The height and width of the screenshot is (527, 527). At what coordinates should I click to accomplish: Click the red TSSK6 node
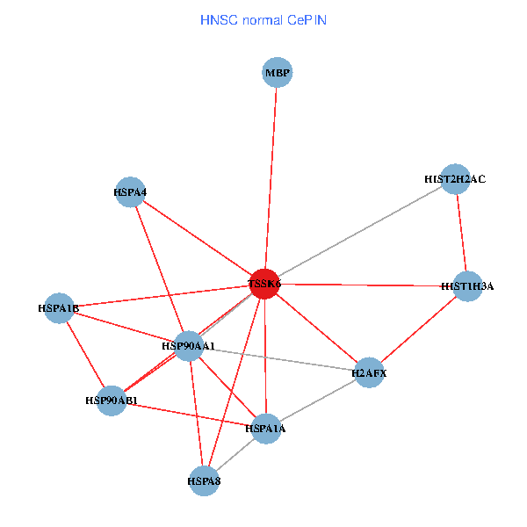click(x=264, y=284)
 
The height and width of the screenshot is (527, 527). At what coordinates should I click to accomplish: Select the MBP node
click(x=277, y=72)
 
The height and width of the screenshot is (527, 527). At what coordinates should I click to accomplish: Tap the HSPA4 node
click(x=130, y=192)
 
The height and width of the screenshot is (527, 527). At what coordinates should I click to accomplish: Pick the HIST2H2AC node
click(x=454, y=179)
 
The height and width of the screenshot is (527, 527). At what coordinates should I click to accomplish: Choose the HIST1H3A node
click(x=467, y=285)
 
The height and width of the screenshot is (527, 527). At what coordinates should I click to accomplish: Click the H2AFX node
click(x=369, y=373)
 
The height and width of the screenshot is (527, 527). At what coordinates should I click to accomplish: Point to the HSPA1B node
click(x=59, y=308)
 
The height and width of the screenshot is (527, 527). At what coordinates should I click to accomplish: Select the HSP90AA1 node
click(x=189, y=346)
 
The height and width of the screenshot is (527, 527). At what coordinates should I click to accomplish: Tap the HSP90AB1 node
click(x=112, y=401)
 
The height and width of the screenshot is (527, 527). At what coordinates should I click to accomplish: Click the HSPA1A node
click(x=265, y=429)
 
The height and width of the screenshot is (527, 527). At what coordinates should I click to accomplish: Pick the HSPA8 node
click(x=204, y=480)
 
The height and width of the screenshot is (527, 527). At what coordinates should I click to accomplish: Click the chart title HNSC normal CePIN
click(x=263, y=19)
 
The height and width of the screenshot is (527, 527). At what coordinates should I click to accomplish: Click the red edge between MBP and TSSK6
click(x=271, y=176)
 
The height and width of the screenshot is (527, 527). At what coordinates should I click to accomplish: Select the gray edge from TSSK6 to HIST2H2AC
click(x=359, y=232)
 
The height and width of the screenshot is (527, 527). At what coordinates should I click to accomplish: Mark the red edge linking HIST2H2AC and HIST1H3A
click(x=460, y=233)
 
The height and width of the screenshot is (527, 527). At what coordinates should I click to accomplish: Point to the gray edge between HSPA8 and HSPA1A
click(x=235, y=454)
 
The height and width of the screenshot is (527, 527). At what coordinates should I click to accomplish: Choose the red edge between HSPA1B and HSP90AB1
click(x=85, y=355)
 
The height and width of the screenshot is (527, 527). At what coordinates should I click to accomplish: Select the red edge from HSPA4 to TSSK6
click(x=198, y=238)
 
